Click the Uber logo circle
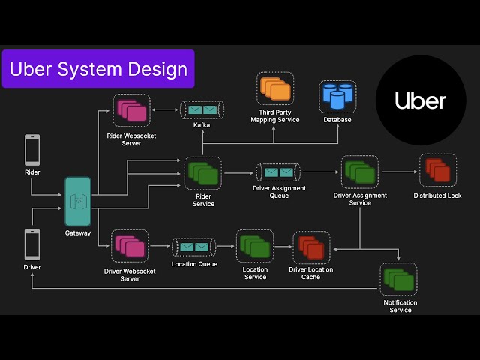pyautogui.click(x=420, y=100)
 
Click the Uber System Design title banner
pyautogui.click(x=98, y=69)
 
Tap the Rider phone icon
pyautogui.click(x=32, y=149)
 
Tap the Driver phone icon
pyautogui.click(x=32, y=244)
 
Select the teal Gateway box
pyautogui.click(x=78, y=202)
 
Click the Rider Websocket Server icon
pyautogui.click(x=131, y=110)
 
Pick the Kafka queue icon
pyautogui.click(x=202, y=110)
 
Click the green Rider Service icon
pyautogui.click(x=203, y=173)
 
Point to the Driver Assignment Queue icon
pyautogui.click(x=278, y=172)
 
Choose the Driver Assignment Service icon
pyautogui.click(x=359, y=172)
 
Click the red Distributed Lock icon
pyautogui.click(x=437, y=170)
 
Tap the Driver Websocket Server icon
pyautogui.click(x=130, y=246)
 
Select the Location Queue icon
pyautogui.click(x=194, y=246)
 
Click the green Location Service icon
pyautogui.click(x=255, y=247)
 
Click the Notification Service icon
pyautogui.click(x=399, y=279)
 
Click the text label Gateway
pyautogui.click(x=78, y=233)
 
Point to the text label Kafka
pyautogui.click(x=202, y=125)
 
